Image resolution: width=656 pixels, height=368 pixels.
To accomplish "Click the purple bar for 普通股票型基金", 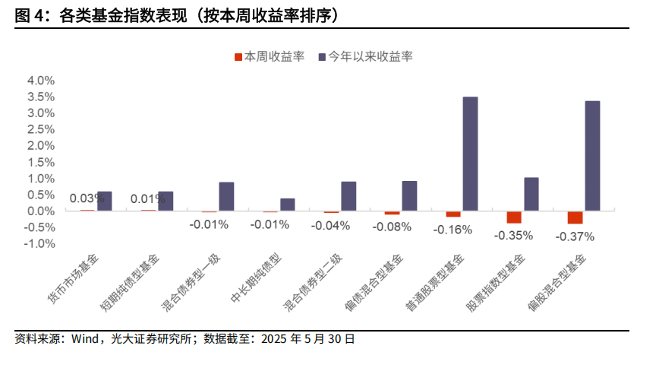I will click(470, 154).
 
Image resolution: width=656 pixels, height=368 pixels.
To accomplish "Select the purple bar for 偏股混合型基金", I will click(592, 156).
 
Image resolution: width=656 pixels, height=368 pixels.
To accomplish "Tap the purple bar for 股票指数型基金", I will click(531, 194).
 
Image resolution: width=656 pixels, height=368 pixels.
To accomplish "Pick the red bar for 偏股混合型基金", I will click(575, 217).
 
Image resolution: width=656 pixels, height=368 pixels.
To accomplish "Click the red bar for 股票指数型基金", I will click(514, 217).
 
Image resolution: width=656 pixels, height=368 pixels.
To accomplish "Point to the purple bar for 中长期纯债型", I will click(288, 205).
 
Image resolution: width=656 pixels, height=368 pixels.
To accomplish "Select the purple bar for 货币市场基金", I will click(105, 201).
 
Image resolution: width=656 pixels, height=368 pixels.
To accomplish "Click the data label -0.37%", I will click(575, 236).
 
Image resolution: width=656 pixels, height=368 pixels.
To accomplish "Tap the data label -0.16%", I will click(453, 230).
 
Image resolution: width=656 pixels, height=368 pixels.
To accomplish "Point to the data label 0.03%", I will click(87, 198).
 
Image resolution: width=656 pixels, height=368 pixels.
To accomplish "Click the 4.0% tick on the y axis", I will click(40, 81).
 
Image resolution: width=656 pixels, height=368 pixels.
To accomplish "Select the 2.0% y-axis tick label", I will click(40, 146).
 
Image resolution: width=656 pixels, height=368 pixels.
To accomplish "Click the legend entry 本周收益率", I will click(269, 56).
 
